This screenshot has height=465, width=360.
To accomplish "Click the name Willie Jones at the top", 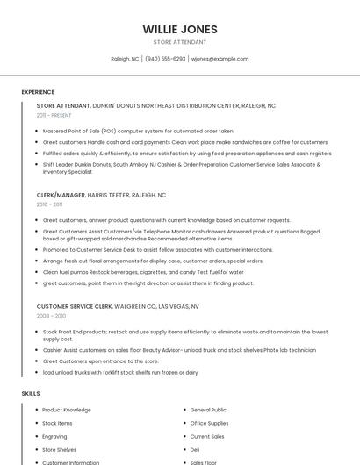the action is point(180,29).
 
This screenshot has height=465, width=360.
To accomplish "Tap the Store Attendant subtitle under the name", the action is point(180,42).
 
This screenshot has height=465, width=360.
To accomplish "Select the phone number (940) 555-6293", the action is point(165,59).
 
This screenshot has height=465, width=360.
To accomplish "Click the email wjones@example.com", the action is point(220,59).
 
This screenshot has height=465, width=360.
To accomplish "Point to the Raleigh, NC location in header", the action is point(125,59).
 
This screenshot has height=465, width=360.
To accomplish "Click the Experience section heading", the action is point(38,92).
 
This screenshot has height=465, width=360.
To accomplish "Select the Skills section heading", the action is point(31,393).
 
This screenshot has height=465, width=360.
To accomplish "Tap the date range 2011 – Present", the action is point(54,115).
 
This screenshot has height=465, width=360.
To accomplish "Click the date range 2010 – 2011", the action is point(49,204).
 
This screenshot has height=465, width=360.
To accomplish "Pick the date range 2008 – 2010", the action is point(51,316).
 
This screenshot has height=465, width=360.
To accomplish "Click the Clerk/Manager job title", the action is point(61,195).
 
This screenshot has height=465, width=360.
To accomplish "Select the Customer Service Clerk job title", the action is point(74,306).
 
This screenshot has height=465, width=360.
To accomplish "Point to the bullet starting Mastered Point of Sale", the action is point(138,131).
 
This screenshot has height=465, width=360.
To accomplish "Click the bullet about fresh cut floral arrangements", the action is point(153,261).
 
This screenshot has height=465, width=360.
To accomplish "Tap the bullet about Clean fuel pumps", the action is point(143,272).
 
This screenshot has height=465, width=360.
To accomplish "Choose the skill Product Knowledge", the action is point(67,410).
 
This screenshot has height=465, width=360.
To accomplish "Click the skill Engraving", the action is point(54,436).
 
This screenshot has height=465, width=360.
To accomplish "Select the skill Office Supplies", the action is point(209,423).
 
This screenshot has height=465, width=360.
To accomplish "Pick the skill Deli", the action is point(195,449).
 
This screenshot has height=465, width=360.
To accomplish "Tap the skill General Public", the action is point(208,410).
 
